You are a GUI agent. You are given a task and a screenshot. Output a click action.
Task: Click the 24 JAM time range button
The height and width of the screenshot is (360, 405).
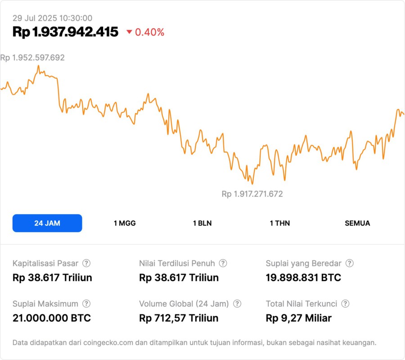[47, 223]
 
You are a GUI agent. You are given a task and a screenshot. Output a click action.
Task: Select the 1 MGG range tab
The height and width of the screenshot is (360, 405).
[125, 223]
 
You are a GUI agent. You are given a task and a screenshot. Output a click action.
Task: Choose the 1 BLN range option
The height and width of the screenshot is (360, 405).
[202, 223]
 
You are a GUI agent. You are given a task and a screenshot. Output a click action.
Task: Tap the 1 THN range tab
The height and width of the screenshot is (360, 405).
[280, 223]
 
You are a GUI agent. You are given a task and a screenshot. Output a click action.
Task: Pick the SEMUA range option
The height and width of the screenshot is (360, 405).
[357, 223]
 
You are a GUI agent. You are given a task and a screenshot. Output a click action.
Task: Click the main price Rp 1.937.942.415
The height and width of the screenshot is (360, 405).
[65, 32]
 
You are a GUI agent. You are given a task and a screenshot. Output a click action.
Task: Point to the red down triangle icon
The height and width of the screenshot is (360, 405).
[129, 32]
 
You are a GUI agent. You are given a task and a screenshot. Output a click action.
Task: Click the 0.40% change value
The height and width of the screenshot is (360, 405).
[150, 32]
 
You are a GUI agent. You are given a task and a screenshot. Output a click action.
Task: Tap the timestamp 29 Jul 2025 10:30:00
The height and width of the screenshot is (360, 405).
[52, 18]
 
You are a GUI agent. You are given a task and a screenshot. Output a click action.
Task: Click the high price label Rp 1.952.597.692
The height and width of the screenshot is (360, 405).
[32, 58]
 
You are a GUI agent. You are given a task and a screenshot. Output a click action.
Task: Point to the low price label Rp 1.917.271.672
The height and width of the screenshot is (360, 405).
[252, 194]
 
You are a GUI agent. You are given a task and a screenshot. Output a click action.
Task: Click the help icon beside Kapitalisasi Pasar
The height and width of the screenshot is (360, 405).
[86, 263]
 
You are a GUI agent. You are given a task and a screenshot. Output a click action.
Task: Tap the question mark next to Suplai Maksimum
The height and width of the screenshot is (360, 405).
[86, 304]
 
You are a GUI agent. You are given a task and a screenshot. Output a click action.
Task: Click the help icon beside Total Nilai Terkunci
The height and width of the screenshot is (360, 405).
[345, 304]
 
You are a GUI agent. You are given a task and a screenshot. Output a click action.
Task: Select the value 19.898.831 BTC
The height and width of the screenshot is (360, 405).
[303, 278]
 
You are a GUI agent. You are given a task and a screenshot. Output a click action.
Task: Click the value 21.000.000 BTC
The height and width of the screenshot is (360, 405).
[52, 318]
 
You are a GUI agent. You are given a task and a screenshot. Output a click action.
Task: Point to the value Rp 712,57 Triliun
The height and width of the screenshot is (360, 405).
[179, 318]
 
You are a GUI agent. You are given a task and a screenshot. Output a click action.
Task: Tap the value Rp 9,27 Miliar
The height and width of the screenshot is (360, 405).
[298, 318]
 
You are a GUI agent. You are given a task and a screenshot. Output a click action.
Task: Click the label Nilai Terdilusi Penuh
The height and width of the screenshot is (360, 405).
[177, 263]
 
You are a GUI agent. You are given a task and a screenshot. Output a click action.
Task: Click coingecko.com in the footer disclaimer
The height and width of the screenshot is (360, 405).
[108, 343]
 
